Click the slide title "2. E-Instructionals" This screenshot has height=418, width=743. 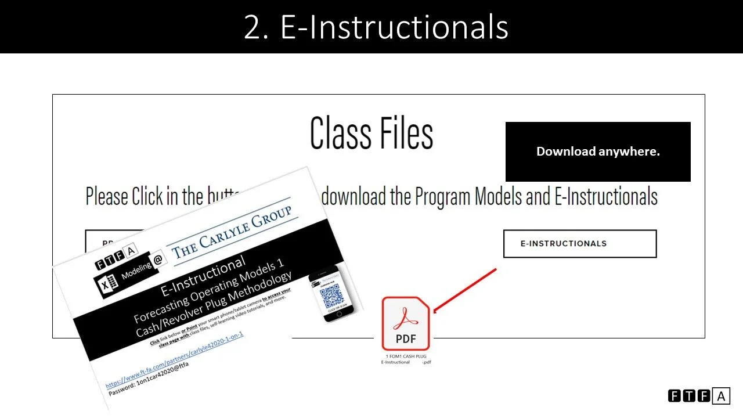(376, 27)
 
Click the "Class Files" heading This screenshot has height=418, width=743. (371, 134)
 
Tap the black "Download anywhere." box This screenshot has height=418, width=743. (598, 152)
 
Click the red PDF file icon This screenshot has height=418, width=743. (406, 323)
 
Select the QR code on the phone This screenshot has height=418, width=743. (332, 297)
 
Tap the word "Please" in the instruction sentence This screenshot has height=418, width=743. (107, 197)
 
